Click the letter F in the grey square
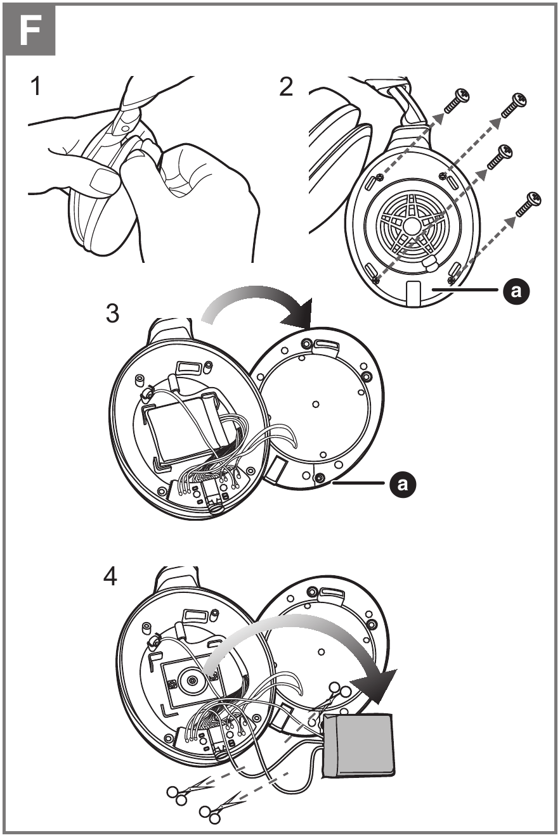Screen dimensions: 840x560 click(x=30, y=30)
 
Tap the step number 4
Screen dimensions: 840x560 click(x=110, y=577)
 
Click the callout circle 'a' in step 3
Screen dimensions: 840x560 click(x=401, y=485)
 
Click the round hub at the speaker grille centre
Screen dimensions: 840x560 click(x=410, y=225)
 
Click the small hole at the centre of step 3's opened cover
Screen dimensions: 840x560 click(x=315, y=404)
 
